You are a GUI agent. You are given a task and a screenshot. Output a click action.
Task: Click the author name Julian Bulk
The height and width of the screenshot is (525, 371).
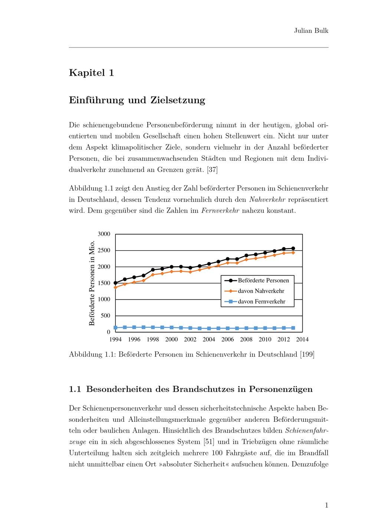coord(311,31)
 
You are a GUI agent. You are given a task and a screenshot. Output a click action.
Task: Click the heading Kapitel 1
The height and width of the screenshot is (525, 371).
coord(91,73)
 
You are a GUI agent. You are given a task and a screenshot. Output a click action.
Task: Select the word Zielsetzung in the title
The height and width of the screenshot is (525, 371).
coord(178,100)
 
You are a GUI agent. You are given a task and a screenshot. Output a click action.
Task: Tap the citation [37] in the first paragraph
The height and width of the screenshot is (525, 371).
coord(212,170)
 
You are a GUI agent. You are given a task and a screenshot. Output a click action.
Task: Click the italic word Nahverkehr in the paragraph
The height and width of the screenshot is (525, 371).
coord(267,199)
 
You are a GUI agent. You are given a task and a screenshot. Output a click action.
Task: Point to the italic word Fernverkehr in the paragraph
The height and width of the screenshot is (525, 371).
coord(220,211)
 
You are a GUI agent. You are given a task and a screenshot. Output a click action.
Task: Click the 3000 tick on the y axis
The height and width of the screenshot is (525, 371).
coord(104,234)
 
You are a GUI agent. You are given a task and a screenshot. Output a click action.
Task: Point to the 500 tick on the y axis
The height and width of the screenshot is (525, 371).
coord(105,316)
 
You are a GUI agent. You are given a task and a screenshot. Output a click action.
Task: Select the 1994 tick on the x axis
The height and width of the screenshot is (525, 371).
coord(115,339)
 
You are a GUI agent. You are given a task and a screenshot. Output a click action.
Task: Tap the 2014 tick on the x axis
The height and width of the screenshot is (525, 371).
coord(302,339)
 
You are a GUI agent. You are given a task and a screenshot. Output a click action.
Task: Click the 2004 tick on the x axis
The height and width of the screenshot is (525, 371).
coord(209,339)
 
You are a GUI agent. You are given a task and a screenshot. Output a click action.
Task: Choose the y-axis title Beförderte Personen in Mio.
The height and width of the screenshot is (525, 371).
coord(92,283)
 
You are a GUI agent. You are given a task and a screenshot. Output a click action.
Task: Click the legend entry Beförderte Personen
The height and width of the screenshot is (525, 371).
coord(263,280)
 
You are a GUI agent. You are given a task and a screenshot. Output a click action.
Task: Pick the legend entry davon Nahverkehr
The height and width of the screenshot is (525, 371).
coord(261,291)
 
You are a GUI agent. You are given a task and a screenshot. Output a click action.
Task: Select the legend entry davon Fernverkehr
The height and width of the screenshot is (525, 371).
coord(262,301)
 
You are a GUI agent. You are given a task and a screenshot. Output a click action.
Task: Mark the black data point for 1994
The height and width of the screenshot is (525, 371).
coord(115,283)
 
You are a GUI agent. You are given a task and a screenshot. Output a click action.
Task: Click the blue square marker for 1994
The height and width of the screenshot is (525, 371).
coord(115,327)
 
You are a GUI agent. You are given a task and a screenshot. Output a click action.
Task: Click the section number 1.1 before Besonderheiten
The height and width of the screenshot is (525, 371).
coord(75,389)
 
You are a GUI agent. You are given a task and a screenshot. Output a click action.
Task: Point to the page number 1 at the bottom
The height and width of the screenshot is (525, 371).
coord(326,505)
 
